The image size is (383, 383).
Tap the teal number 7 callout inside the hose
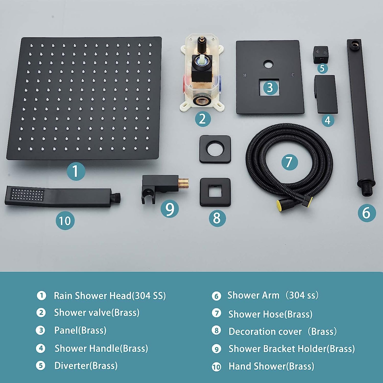pyautogui.click(x=290, y=162)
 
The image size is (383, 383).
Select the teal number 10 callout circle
pyautogui.click(x=65, y=221)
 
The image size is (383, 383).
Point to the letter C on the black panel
pyautogui.click(x=293, y=75)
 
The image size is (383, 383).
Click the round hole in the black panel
pyautogui.click(x=268, y=64)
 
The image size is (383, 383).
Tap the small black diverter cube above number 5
pyautogui.click(x=321, y=54)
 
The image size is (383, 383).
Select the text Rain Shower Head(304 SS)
pyautogui.click(x=110, y=296)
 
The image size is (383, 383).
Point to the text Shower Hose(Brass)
pyautogui.click(x=270, y=314)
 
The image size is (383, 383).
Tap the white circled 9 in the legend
pyautogui.click(x=217, y=349)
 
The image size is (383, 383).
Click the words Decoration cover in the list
pyautogui.click(x=265, y=331)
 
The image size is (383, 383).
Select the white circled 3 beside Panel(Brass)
pyautogui.click(x=41, y=330)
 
